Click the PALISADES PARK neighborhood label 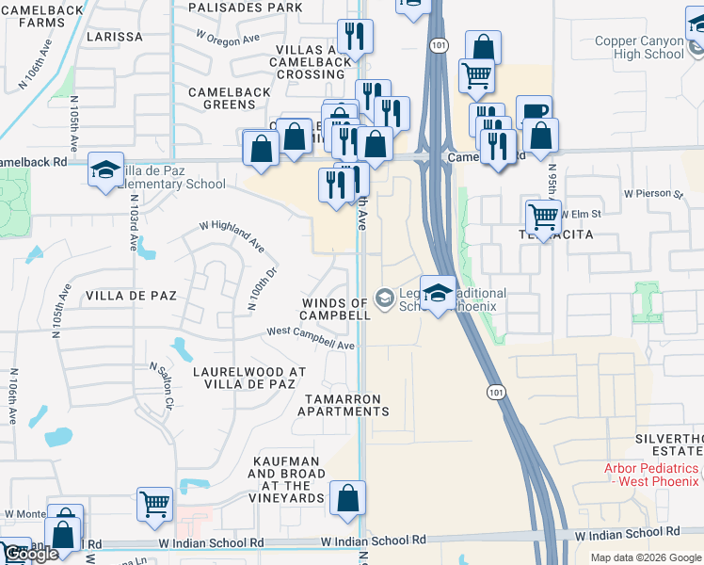point(245,8)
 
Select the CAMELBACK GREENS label point(222,98)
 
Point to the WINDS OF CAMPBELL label point(335,309)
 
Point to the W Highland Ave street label point(231,234)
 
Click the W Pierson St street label point(653,194)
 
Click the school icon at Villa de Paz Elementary point(105,169)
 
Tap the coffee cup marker point(534,111)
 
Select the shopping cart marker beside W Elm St point(544,216)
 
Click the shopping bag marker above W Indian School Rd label point(347,498)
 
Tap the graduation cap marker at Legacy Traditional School point(438,293)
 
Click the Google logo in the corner point(30,555)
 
